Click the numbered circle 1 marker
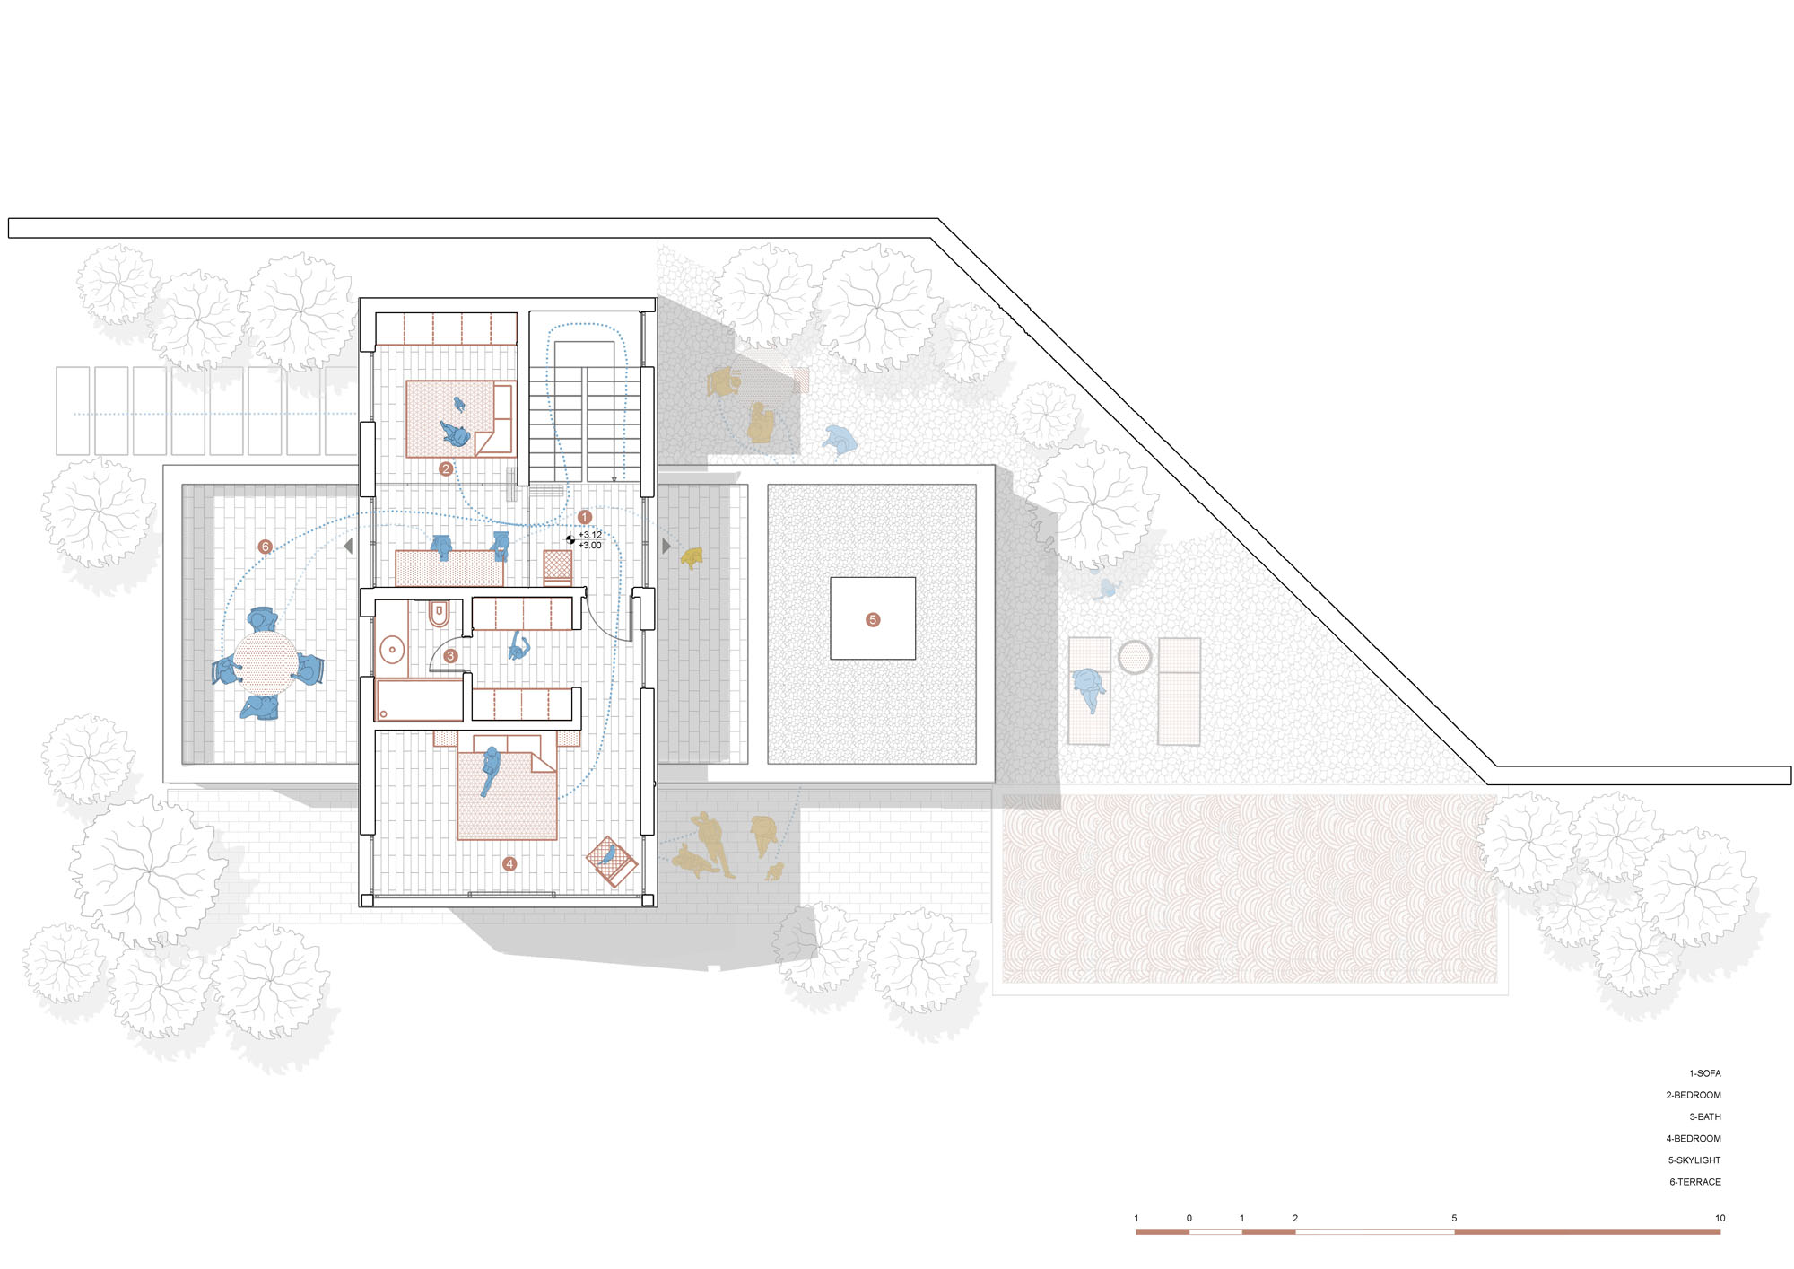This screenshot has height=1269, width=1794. [x=585, y=517]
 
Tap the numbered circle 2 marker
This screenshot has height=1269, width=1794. [x=446, y=468]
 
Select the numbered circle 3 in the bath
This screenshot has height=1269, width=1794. [x=451, y=656]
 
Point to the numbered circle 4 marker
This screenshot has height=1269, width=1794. [x=509, y=864]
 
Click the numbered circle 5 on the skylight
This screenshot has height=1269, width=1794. [x=873, y=619]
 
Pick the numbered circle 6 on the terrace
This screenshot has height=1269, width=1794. [x=265, y=546]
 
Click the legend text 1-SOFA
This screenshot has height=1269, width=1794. [x=1704, y=1073]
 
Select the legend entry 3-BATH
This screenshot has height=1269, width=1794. [x=1704, y=1116]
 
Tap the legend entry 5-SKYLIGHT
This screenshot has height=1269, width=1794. [x=1694, y=1160]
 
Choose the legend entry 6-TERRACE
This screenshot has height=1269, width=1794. [x=1695, y=1182]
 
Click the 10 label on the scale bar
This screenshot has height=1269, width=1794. [x=1720, y=1218]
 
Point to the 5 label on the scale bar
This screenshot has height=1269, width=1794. [x=1454, y=1218]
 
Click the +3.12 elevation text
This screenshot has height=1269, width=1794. [x=590, y=535]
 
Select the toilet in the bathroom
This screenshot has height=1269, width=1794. [x=439, y=613]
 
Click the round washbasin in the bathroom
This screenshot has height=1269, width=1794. [x=392, y=649]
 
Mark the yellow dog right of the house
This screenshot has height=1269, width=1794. [x=692, y=558]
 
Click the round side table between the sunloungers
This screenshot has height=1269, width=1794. [x=1135, y=657]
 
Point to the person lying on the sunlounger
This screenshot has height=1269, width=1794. [x=1090, y=688]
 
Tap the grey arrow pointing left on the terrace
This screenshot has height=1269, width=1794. [x=349, y=546]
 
